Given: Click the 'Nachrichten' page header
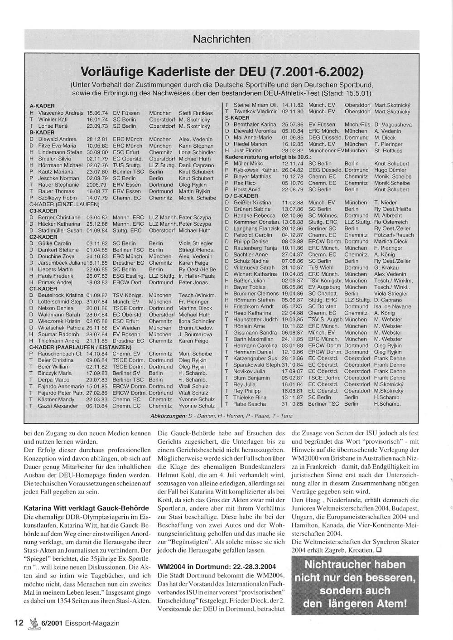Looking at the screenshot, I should (x=222, y=39).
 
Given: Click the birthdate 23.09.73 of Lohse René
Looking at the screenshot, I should (x=97, y=126).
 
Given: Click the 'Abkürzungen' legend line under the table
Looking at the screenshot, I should (x=221, y=416).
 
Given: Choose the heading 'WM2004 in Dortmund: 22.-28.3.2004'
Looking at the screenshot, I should (x=217, y=567).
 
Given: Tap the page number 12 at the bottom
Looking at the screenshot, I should (x=19, y=623).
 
